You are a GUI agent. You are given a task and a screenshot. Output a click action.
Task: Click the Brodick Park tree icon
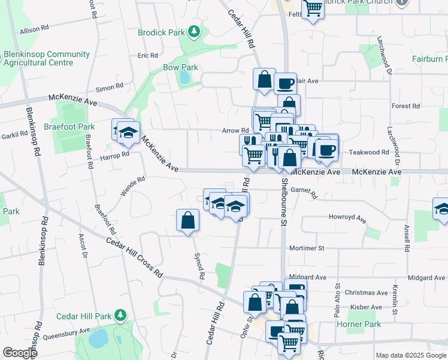click(193, 31)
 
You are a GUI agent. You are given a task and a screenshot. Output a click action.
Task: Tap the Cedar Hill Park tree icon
click(120, 315)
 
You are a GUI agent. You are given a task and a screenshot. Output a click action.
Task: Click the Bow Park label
click(180, 68)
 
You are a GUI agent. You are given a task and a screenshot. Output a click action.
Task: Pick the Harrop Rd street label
click(115, 155)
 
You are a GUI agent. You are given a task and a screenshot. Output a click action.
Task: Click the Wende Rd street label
click(133, 187)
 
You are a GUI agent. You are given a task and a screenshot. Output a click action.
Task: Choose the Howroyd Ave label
click(347, 218)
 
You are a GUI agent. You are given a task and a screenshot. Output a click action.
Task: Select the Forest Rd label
click(401, 106)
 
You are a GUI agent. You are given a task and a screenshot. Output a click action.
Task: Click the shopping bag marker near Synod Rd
click(188, 220)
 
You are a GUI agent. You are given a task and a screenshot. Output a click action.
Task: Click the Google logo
click(19, 353)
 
